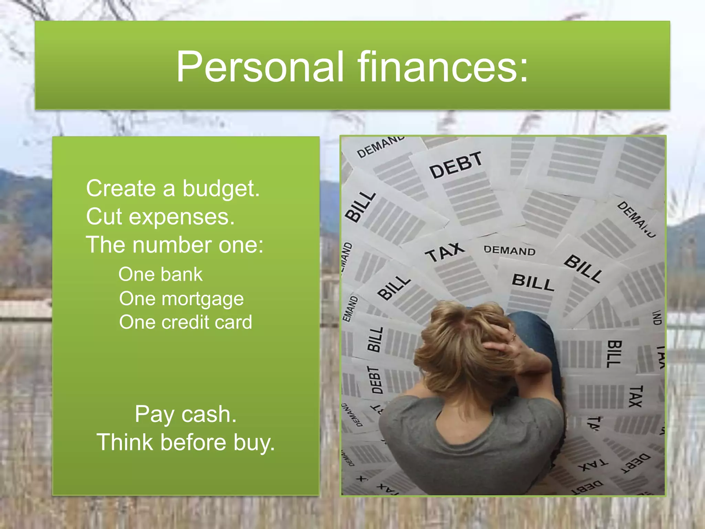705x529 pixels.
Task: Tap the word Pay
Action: (155, 415)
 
